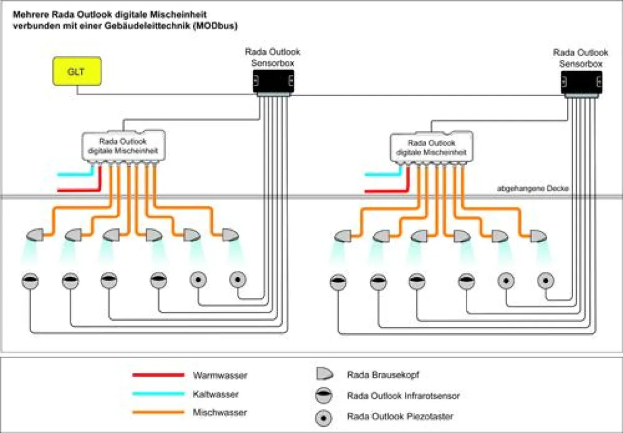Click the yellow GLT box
pyautogui.click(x=77, y=72)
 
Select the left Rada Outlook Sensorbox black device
pyautogui.click(x=274, y=82)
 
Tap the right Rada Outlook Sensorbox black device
pyautogui.click(x=581, y=82)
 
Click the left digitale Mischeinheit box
pyautogui.click(x=123, y=146)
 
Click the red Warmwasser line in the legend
pyautogui.click(x=158, y=375)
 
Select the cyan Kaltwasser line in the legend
pyautogui.click(x=158, y=394)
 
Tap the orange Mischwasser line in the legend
pyautogui.click(x=158, y=413)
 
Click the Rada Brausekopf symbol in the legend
pyautogui.click(x=324, y=374)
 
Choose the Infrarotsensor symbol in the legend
pyautogui.click(x=324, y=396)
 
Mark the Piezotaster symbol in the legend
pyautogui.click(x=324, y=416)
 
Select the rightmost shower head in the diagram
pyautogui.click(x=538, y=236)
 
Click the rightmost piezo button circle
pyautogui.click(x=545, y=280)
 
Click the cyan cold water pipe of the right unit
pyautogui.click(x=384, y=174)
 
